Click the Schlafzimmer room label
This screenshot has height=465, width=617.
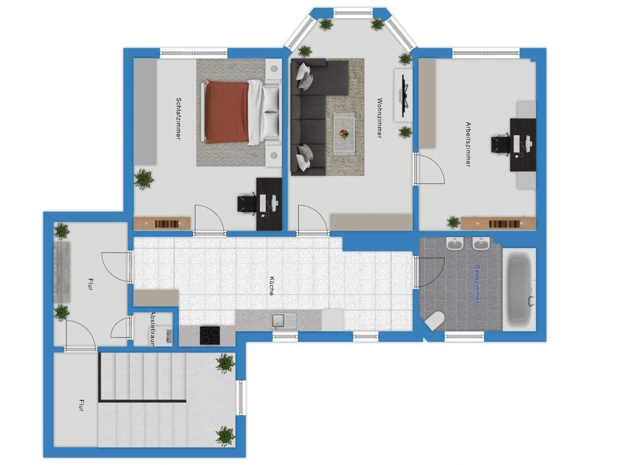[178, 118]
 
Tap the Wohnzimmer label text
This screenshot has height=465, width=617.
[380, 118]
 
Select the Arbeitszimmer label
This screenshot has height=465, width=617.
[468, 144]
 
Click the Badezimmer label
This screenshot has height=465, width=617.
[477, 284]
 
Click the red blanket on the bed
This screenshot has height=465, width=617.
[227, 113]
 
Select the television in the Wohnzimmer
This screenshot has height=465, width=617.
[404, 96]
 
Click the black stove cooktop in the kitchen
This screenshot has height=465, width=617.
[210, 335]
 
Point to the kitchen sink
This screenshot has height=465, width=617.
[283, 321]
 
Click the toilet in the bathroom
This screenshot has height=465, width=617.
[434, 321]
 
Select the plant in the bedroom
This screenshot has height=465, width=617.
[144, 179]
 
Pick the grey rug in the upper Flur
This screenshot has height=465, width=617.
[62, 272]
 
